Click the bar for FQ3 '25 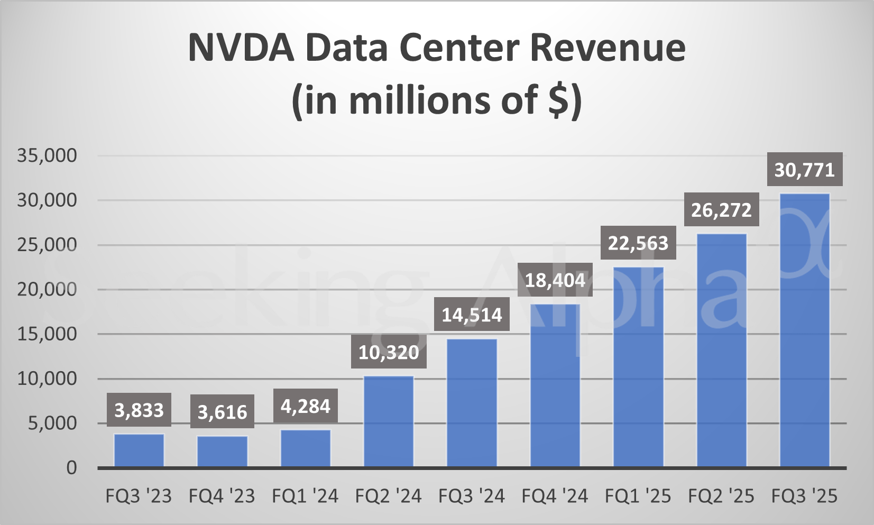[x=804, y=330]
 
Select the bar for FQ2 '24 [x=389, y=421]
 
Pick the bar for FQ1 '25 [x=638, y=367]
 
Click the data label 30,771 [x=804, y=170]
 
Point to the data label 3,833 [x=139, y=410]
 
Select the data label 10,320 [x=389, y=352]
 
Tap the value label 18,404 [x=555, y=280]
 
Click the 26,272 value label [x=721, y=210]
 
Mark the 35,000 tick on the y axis [x=47, y=155]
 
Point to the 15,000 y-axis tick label [x=47, y=334]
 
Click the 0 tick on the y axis [x=71, y=468]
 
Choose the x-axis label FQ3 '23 [x=139, y=496]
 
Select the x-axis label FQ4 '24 [x=555, y=496]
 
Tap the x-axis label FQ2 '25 [x=721, y=496]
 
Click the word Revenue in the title [x=607, y=48]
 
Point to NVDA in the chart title [x=241, y=48]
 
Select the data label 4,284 [x=305, y=406]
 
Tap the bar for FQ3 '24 [x=472, y=403]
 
